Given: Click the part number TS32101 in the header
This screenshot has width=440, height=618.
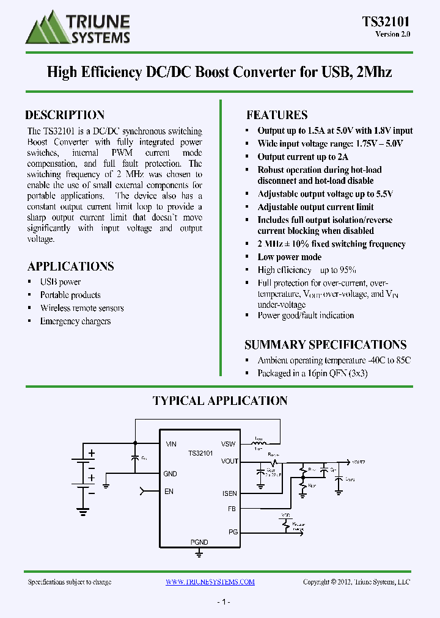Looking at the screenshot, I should pyautogui.click(x=386, y=22).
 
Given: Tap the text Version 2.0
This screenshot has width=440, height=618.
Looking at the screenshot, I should pyautogui.click(x=392, y=34).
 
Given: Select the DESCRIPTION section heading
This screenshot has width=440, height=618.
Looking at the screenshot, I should pyautogui.click(x=65, y=115).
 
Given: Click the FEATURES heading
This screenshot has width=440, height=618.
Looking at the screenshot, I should pyautogui.click(x=277, y=115).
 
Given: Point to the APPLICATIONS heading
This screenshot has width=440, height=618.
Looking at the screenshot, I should pyautogui.click(x=70, y=266).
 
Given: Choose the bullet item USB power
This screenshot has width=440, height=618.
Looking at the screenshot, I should pyautogui.click(x=61, y=282).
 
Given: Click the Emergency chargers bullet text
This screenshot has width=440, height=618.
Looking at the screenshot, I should pyautogui.click(x=75, y=321).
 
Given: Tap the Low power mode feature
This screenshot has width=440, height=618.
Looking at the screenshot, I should pyautogui.click(x=289, y=257).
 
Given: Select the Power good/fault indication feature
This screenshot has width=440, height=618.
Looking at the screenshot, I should pyautogui.click(x=306, y=316).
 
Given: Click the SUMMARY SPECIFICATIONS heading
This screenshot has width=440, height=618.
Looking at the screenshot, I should pyautogui.click(x=325, y=344).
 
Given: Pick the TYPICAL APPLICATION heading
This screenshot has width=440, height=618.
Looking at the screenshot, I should pyautogui.click(x=220, y=401).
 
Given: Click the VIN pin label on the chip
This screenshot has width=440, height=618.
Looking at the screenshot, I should pyautogui.click(x=170, y=445).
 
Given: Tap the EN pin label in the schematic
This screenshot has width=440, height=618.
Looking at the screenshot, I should pyautogui.click(x=169, y=491).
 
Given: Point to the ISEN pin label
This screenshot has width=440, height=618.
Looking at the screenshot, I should pyautogui.click(x=230, y=493).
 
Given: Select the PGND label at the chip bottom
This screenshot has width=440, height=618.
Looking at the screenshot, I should pyautogui.click(x=199, y=542).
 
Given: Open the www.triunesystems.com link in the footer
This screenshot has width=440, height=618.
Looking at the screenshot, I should pyautogui.click(x=210, y=582).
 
